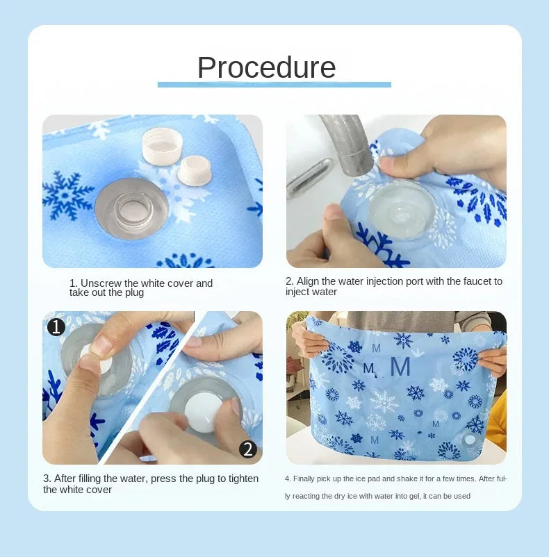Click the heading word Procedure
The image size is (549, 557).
pos(266,67)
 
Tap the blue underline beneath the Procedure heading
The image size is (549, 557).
pos(274,85)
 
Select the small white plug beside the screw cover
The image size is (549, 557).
pos(195,171)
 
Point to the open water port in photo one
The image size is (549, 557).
pos(132,207)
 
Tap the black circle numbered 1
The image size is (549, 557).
pos(56,326)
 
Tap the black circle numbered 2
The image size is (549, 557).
pos(248,449)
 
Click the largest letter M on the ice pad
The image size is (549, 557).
pos(400,366)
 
